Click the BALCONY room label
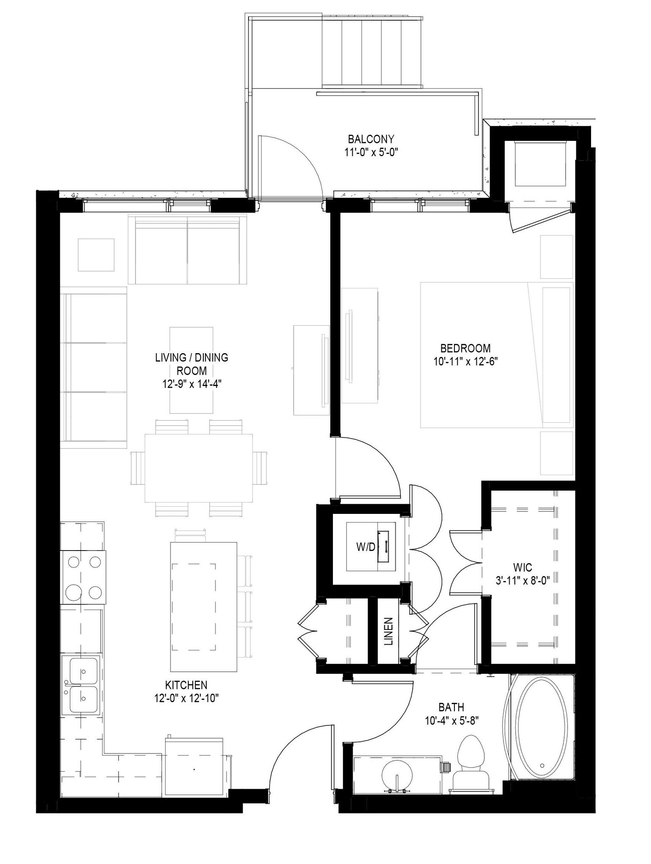click(x=371, y=139)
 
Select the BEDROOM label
click(x=465, y=348)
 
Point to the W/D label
click(x=365, y=548)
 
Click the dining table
click(x=199, y=468)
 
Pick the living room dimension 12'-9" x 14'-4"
click(x=192, y=384)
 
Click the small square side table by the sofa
click(x=96, y=254)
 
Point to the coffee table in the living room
click(x=191, y=370)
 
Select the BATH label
click(x=451, y=707)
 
